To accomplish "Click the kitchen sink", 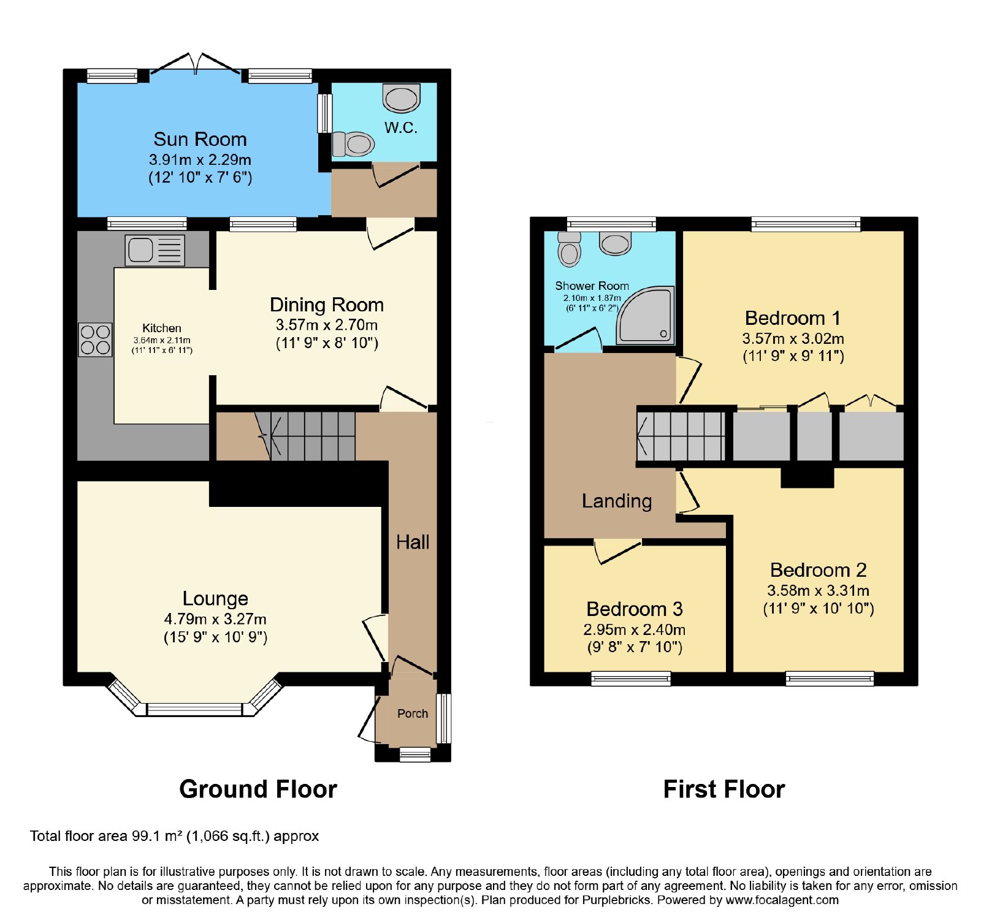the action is (x=155, y=250).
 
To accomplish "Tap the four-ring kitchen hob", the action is (x=95, y=340).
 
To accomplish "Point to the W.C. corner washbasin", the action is (x=402, y=98).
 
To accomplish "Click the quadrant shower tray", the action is (x=645, y=316).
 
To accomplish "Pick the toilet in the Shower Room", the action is (x=570, y=249).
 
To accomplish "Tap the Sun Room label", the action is (x=200, y=139).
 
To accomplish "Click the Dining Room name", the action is (x=327, y=305).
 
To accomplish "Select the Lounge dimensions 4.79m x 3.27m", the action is (x=215, y=619).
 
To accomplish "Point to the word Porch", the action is (x=413, y=713).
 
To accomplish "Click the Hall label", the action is (x=413, y=542).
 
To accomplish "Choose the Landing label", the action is (x=617, y=501).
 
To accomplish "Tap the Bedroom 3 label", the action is (x=635, y=609).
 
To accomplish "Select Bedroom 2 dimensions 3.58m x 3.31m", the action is (x=819, y=590).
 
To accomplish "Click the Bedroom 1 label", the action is (x=793, y=318).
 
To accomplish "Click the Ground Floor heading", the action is (x=258, y=789).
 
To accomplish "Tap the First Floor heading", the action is (x=724, y=789).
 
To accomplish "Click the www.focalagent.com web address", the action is (x=782, y=900).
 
